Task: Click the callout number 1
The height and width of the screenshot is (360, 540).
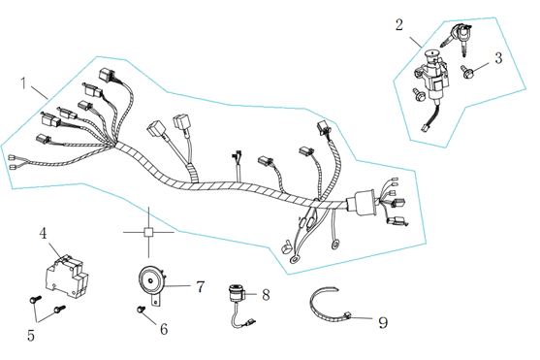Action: (x=23, y=83)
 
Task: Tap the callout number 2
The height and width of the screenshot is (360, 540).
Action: (x=399, y=25)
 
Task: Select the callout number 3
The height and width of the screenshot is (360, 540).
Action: (x=498, y=58)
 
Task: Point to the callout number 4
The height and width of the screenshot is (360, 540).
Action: (x=43, y=233)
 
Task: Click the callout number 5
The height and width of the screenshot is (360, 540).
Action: (x=31, y=335)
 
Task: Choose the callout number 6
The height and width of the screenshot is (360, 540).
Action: (x=164, y=329)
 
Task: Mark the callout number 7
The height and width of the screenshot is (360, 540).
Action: (x=200, y=286)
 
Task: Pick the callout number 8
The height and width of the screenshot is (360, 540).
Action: (x=266, y=295)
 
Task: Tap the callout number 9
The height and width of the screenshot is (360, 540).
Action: (x=383, y=322)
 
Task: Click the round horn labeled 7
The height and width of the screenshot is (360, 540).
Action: (x=151, y=281)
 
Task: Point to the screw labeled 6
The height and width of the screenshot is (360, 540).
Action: (x=141, y=310)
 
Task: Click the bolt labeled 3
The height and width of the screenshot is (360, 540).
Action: (x=466, y=72)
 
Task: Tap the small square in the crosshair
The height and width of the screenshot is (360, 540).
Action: (x=148, y=232)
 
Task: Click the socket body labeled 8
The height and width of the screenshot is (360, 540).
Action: (x=237, y=293)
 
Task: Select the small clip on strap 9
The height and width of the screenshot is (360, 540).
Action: (x=347, y=315)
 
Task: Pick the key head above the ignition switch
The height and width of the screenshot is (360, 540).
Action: (x=462, y=32)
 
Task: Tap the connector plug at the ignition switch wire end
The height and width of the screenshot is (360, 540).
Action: (x=423, y=128)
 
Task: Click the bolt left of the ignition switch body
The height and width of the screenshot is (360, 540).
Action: (x=418, y=94)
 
